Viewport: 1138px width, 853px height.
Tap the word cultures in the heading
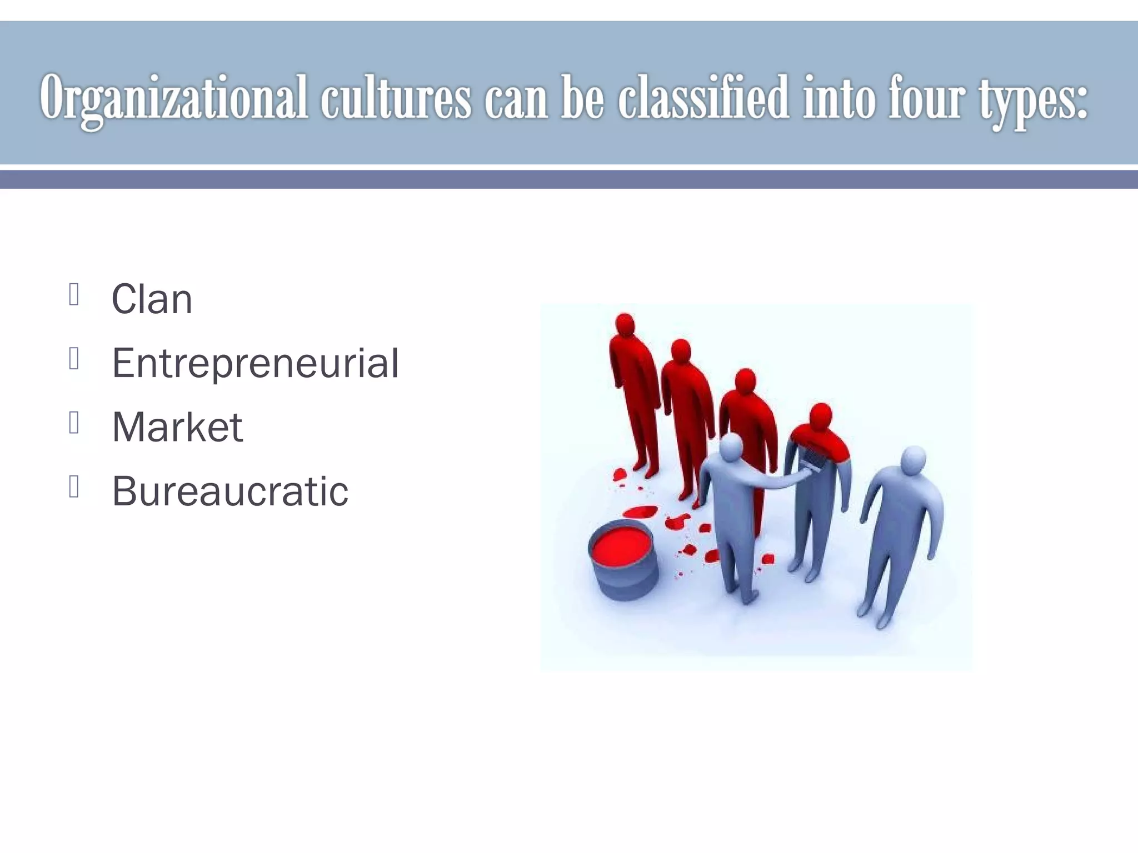point(395,99)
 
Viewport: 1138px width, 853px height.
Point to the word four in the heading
point(925,99)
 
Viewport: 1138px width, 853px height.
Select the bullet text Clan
point(152,299)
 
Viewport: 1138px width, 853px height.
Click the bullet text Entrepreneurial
point(255,363)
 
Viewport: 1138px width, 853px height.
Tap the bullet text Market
point(177,427)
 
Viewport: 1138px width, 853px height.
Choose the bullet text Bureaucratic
point(230,491)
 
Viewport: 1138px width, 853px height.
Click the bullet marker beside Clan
point(74,294)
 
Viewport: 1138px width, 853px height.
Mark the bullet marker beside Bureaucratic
point(74,486)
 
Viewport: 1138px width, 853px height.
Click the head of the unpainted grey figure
point(913,460)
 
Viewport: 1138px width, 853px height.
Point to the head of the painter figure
point(731,447)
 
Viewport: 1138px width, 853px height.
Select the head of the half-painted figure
point(821,417)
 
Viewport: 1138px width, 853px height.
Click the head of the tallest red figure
point(625,324)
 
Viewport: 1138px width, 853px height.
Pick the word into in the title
point(839,99)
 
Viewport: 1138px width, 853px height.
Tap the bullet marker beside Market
point(74,423)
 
